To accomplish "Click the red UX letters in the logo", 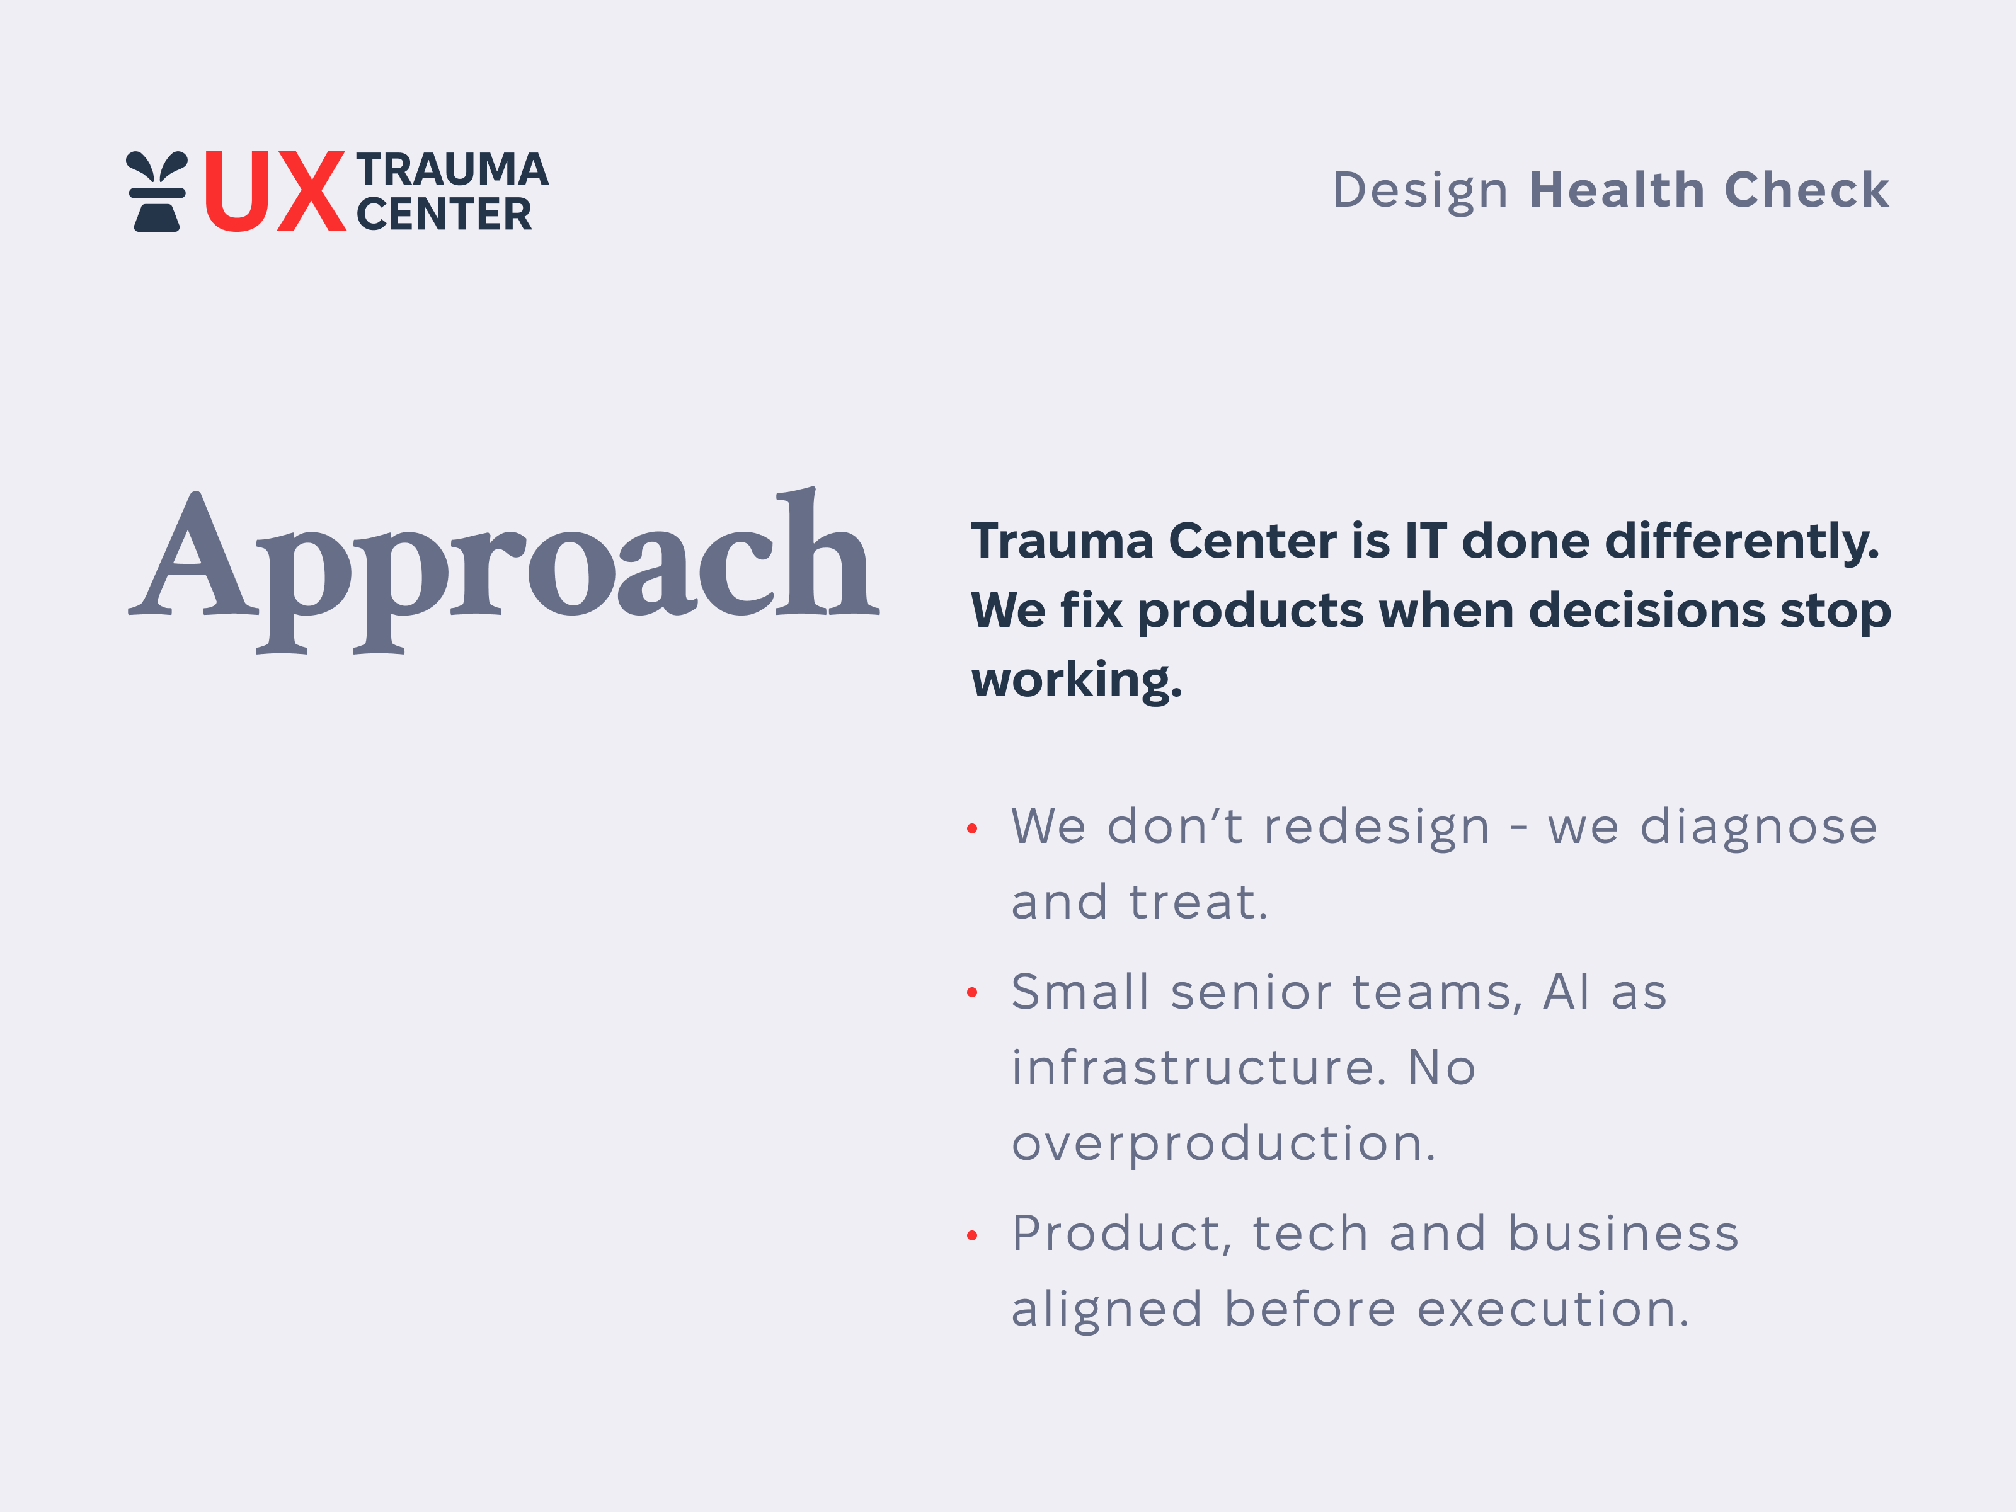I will [273, 192].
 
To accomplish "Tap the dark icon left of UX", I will [157, 192].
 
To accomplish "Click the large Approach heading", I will [503, 565].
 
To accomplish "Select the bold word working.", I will [1076, 681].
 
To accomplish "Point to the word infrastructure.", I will [1198, 1067].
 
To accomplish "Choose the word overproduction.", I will [1223, 1144].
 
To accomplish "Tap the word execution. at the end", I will [1553, 1310].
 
